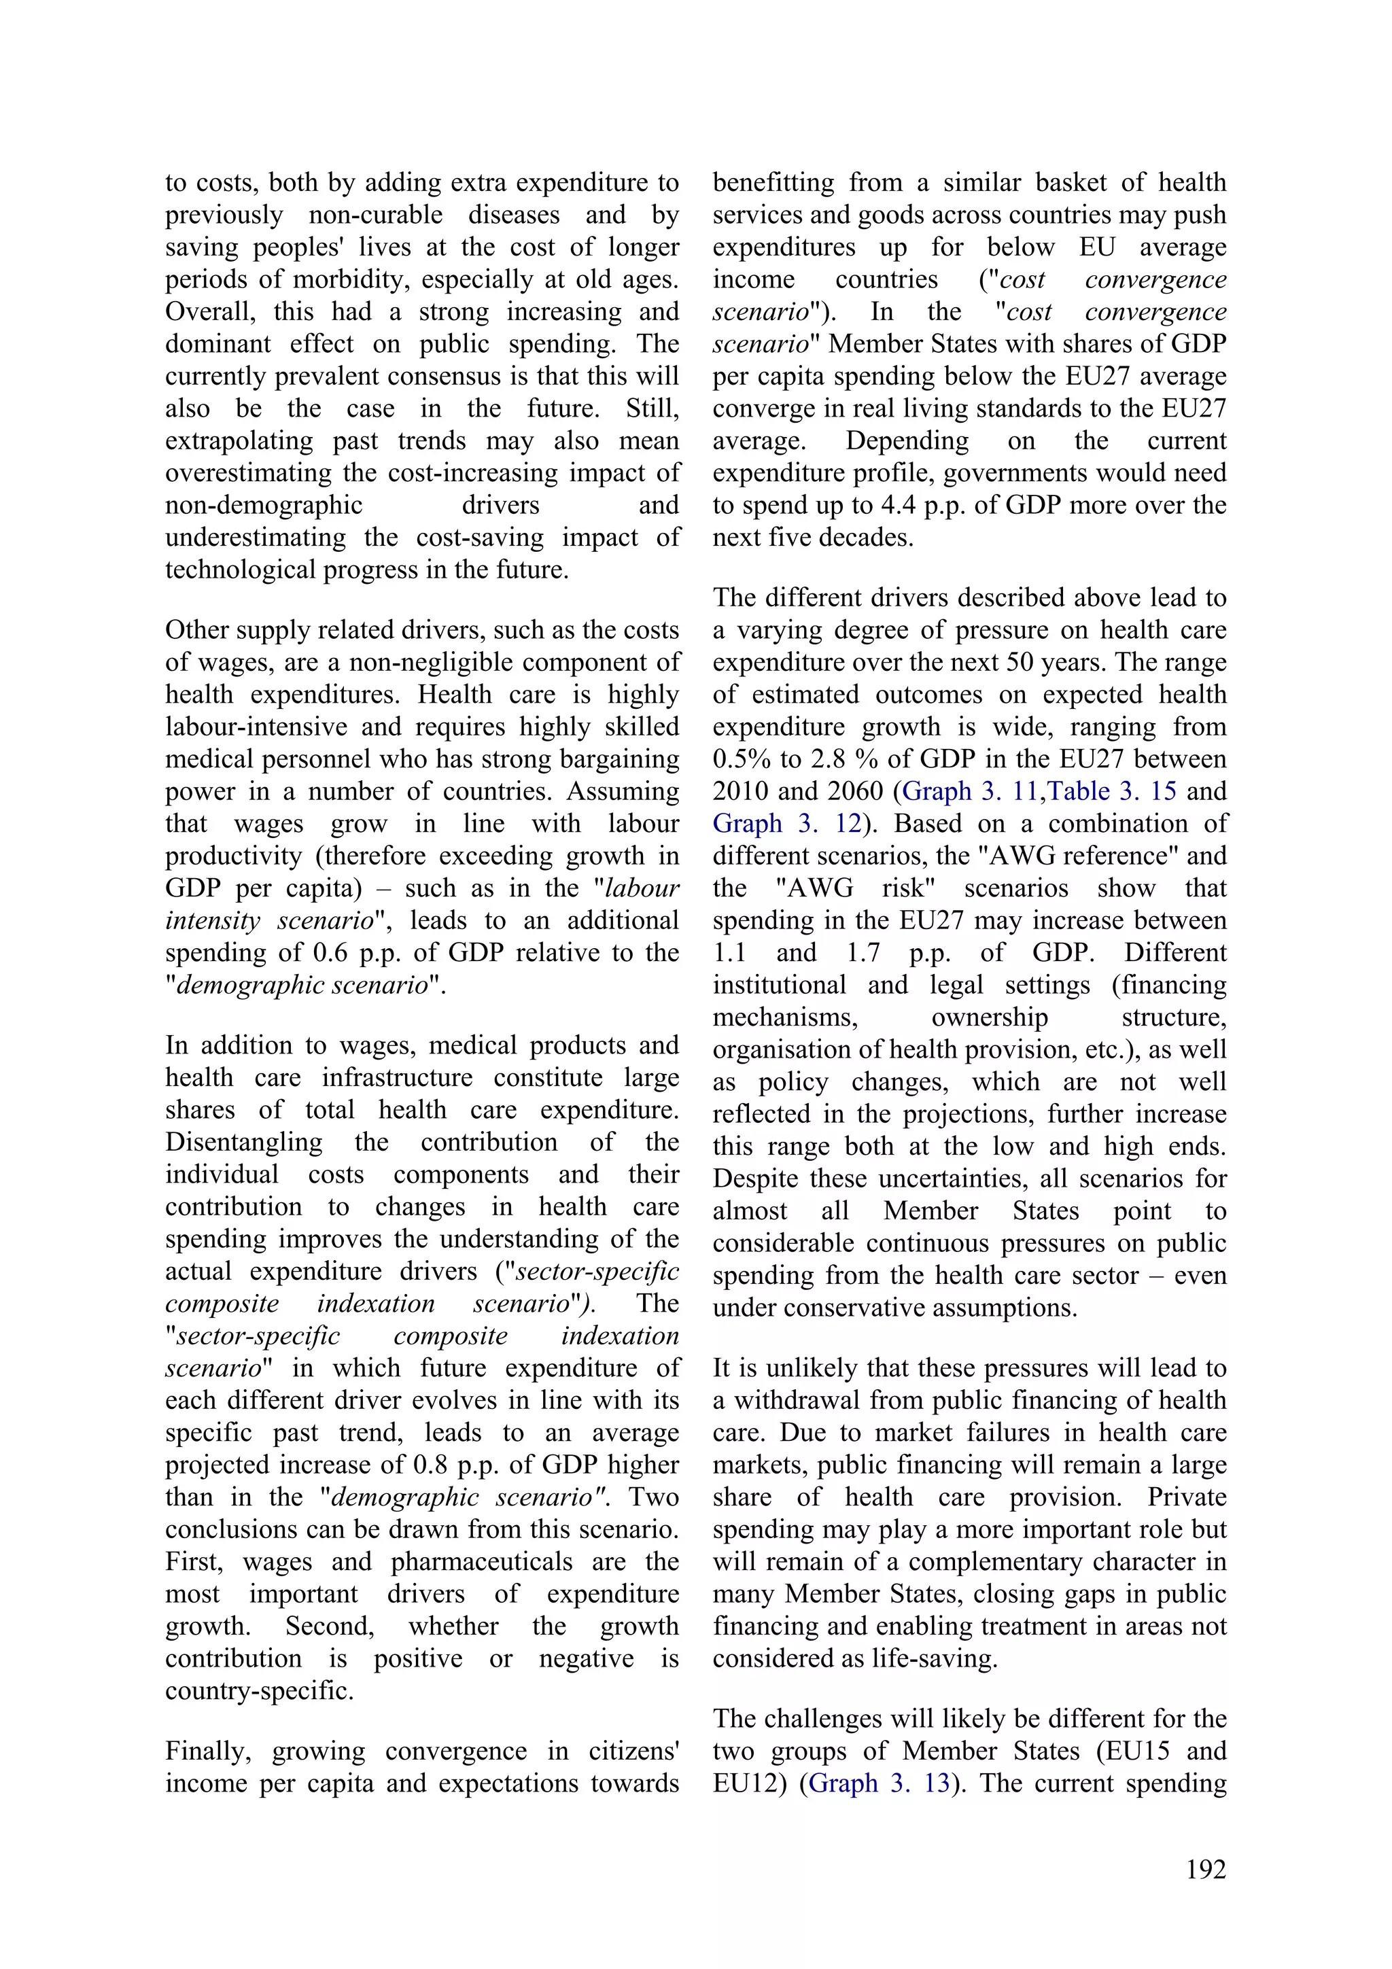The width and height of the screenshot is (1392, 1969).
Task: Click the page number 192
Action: click(x=1205, y=1870)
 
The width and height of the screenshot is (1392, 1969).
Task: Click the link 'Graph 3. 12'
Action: click(x=786, y=823)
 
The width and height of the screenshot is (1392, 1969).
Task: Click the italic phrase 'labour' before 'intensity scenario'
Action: click(x=642, y=888)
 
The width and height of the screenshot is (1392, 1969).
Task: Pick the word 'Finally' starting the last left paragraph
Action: click(x=207, y=1750)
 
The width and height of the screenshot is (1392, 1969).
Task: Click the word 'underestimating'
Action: click(x=256, y=538)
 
